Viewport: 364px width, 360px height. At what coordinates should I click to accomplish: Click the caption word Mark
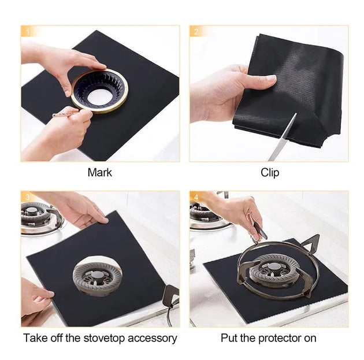(99, 172)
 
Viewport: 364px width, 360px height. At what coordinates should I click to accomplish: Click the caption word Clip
(270, 172)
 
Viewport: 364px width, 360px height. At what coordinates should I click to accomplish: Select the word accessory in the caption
(153, 339)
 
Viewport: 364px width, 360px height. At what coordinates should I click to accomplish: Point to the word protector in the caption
(279, 338)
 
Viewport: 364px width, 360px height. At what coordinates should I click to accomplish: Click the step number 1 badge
(28, 32)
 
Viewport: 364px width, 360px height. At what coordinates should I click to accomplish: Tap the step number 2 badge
(196, 32)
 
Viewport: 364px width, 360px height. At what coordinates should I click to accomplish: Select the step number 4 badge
(196, 197)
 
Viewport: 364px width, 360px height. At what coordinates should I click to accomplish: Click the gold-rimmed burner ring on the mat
(99, 91)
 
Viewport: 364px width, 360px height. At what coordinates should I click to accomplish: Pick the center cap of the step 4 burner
(271, 268)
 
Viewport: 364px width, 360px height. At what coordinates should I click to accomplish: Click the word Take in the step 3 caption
(35, 338)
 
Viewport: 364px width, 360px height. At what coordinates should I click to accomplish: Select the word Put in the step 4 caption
(229, 338)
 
